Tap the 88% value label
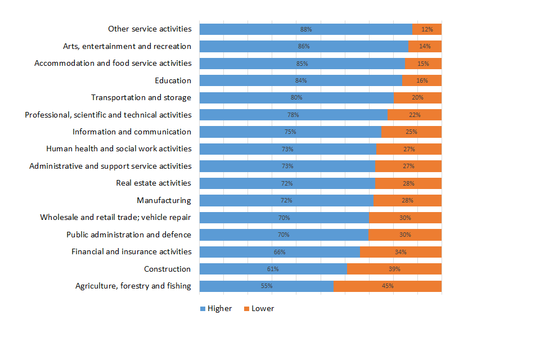[x=306, y=29]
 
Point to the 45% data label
[x=388, y=286]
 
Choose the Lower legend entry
[x=259, y=308]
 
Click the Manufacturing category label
[x=164, y=200]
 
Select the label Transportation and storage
[x=141, y=97]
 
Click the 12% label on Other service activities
[x=427, y=29]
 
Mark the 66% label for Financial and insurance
[x=280, y=251]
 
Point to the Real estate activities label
[x=154, y=183]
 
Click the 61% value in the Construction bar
[x=273, y=269]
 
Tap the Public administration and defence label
[x=129, y=235]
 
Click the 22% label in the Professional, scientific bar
[x=415, y=115]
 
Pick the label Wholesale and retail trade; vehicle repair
[x=115, y=217]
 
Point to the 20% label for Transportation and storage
[x=417, y=97]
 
